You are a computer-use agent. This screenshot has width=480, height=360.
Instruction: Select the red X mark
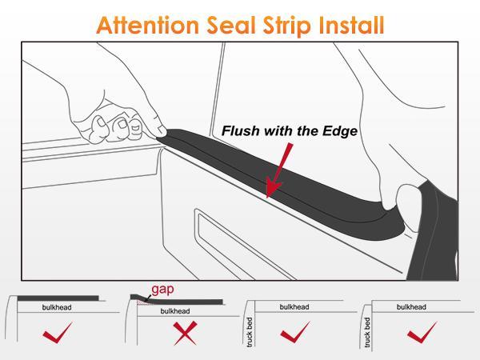coord(185,331)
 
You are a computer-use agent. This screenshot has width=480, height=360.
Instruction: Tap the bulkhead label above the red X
coord(174,311)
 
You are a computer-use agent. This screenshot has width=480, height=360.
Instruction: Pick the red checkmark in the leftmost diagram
coord(60,331)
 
